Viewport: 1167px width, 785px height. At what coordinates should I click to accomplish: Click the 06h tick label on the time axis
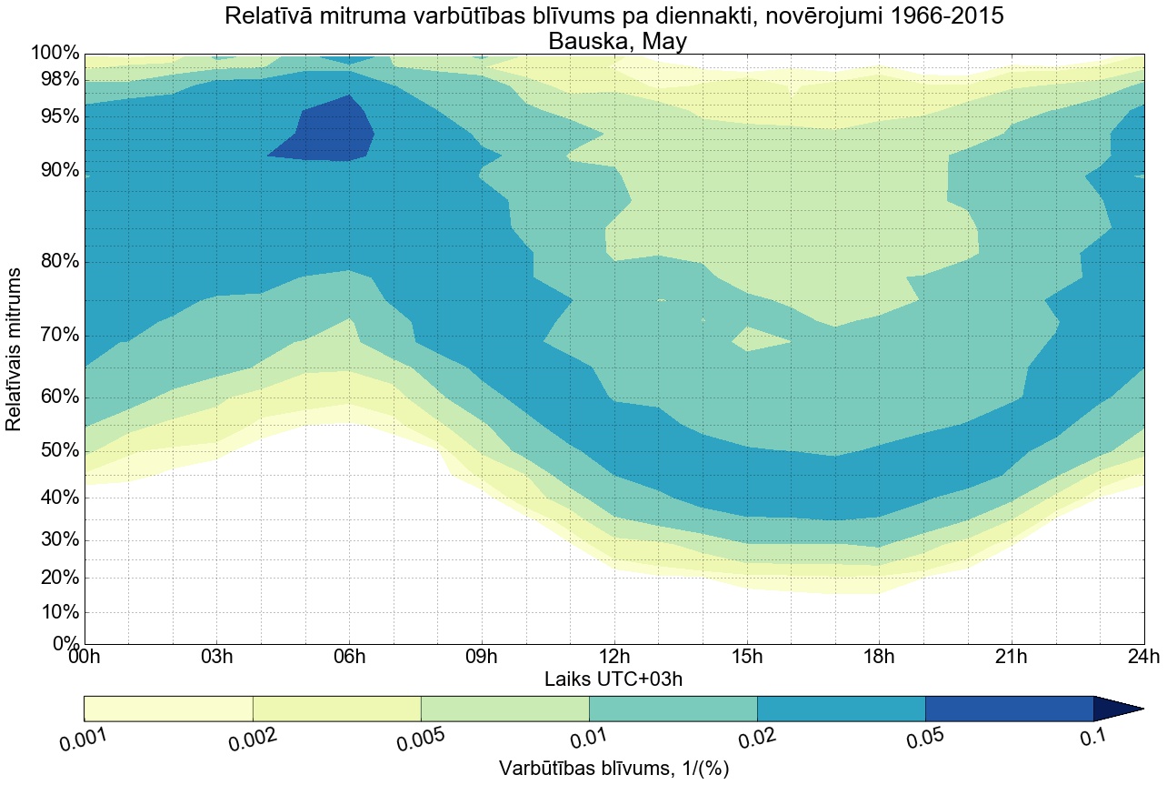349,658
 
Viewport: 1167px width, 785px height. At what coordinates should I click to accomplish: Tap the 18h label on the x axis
879,658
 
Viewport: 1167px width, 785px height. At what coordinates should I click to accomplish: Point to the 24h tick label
1142,658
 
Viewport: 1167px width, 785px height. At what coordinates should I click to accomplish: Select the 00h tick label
85,658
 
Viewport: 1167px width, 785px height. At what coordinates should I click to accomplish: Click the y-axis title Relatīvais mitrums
15,349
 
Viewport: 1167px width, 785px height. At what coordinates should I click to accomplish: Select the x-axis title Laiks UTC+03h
613,679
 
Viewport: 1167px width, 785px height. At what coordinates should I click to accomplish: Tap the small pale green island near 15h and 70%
759,339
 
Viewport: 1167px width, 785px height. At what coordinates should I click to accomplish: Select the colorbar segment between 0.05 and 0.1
1009,709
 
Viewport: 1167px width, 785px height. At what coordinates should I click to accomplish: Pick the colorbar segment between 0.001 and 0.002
168,709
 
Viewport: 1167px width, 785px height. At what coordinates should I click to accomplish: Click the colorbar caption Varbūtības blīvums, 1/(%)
613,769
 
